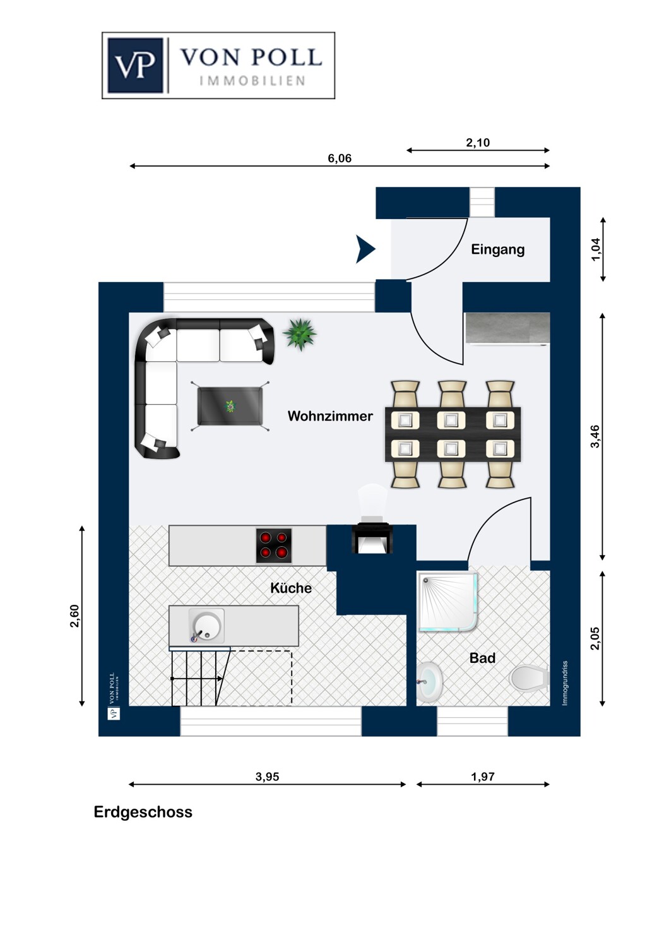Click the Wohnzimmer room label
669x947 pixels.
tap(330, 416)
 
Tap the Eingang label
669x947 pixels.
tap(497, 249)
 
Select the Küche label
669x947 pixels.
tap(291, 588)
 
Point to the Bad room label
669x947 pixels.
tap(482, 658)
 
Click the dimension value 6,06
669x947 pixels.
tap(340, 158)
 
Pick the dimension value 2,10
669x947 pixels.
tap(478, 143)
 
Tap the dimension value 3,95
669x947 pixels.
tap(267, 777)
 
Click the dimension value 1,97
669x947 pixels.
tap(483, 777)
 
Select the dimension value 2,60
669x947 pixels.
tap(74, 616)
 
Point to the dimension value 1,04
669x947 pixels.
tap(595, 250)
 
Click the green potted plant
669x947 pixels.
tap(300, 334)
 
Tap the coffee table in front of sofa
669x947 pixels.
tap(230, 407)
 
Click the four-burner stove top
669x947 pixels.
tap(273, 546)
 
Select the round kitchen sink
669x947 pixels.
tap(206, 626)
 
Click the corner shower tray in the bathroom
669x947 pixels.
tap(447, 602)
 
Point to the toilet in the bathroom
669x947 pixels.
tap(529, 678)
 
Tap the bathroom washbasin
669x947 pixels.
tap(429, 682)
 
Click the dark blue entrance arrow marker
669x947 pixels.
tap(365, 249)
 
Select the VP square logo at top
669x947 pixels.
tap(135, 66)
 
